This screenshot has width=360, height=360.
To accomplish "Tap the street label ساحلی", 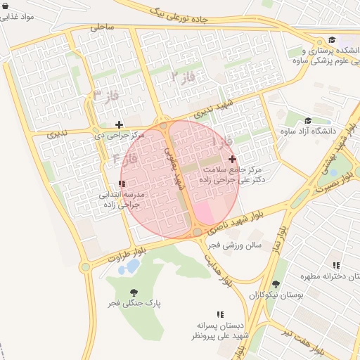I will pos(103,27).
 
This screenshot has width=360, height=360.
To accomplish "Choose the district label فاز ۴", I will pos(124,158).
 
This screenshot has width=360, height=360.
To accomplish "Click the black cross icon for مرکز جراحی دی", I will pos(119,124).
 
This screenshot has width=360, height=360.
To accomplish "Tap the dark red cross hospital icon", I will pos(233,159).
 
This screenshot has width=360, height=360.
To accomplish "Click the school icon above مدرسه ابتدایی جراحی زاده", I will pos(122,184).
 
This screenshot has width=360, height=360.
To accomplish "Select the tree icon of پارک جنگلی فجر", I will pos(133,292).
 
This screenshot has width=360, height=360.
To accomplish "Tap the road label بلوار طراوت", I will pos(127,256).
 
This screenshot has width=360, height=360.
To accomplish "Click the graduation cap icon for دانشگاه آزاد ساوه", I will pos(308,120).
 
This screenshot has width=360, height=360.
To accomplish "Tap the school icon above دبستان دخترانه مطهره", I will pos(337,265).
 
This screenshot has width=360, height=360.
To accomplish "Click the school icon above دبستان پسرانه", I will pos(220,314).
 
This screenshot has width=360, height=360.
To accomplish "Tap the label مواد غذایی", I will pos(20,15).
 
